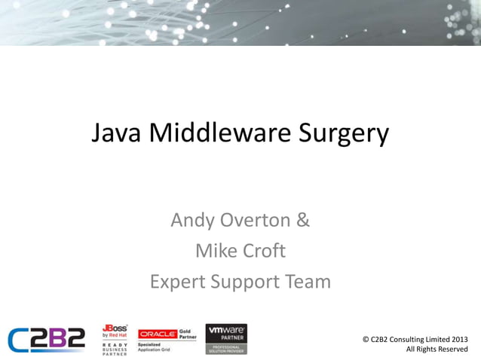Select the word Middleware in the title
coord(219,133)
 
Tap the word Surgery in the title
coord(344,135)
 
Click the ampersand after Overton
coord(302,221)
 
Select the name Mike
coord(215,251)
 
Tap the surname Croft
coord(264,251)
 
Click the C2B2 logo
coord(47,339)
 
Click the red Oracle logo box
coord(157,334)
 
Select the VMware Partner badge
coord(226,339)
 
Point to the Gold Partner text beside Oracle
coord(188,334)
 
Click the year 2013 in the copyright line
coord(458,339)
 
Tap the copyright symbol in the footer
coord(366,339)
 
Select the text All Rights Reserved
coord(437,349)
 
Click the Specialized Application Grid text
coord(154,347)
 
